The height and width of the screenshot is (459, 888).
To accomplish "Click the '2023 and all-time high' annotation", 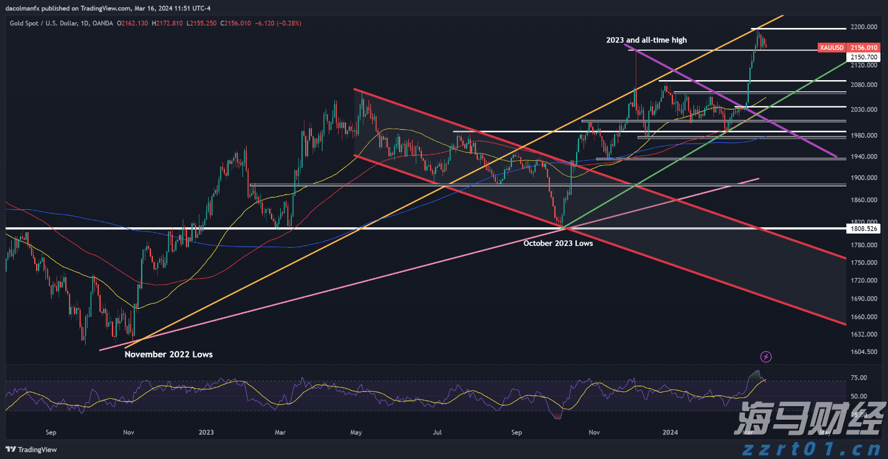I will point(646,40).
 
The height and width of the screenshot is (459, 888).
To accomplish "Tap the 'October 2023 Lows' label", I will point(558,243).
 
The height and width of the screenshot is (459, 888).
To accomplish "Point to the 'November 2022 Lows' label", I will point(168,355).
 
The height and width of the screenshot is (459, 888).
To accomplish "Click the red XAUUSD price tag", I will point(831,48).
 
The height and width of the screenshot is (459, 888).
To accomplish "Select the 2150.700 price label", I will point(864,57).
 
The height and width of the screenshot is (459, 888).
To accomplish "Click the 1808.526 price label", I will point(864,229).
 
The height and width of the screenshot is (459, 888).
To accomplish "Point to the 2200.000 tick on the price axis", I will point(864,27).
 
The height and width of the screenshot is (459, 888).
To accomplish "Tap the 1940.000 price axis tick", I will point(864,157).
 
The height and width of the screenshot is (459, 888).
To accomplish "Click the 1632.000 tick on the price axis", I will point(864,334).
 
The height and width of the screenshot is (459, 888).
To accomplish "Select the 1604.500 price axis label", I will point(864,352).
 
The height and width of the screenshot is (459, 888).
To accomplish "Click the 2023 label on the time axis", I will point(206,432).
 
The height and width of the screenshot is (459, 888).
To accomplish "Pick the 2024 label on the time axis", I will point(670,432).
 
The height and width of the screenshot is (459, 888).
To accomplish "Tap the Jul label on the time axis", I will point(437,432).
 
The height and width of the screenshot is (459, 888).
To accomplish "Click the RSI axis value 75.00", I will point(859,378).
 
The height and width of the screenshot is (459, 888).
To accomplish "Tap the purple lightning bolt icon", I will point(766,357).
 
